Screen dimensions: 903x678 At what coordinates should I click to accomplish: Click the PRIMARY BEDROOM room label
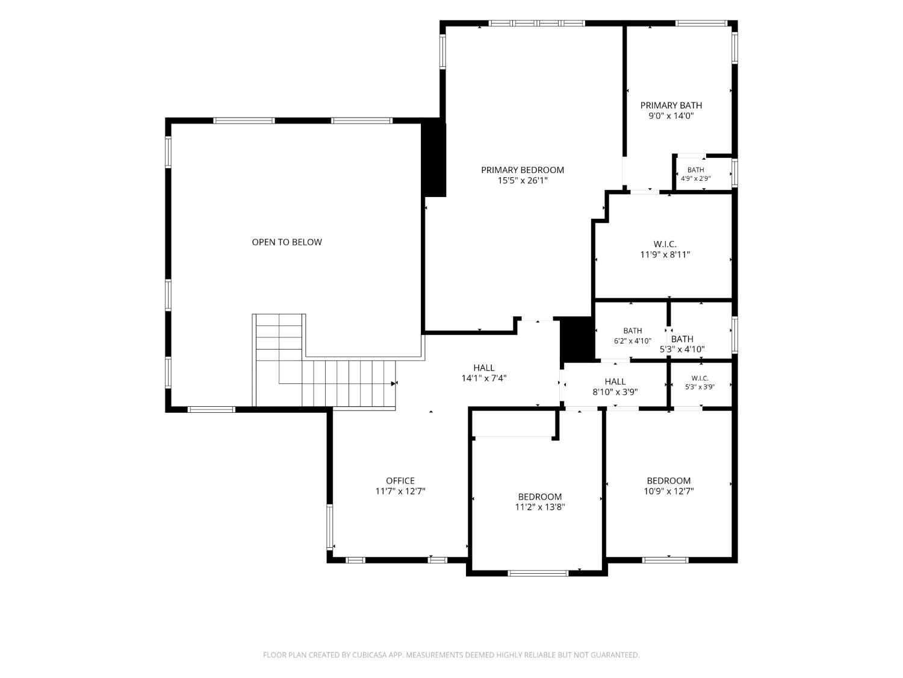click(522, 169)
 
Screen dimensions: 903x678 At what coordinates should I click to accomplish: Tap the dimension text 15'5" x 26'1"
click(523, 180)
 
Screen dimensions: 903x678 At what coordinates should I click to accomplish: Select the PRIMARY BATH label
click(671, 105)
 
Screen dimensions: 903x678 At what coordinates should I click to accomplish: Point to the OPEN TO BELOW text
click(287, 242)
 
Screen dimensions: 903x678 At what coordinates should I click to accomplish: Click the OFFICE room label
click(400, 480)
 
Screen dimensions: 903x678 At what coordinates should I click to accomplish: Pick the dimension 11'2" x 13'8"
click(540, 507)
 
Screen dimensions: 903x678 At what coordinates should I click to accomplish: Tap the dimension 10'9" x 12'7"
click(668, 491)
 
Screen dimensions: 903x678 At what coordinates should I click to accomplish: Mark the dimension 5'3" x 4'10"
click(682, 350)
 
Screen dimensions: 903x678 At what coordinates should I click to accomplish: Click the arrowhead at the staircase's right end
click(394, 383)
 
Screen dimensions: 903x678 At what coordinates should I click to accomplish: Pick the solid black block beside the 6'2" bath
click(577, 339)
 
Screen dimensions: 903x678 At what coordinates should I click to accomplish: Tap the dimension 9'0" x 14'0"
click(671, 116)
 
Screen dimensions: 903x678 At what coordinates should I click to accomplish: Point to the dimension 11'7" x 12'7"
click(400, 491)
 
